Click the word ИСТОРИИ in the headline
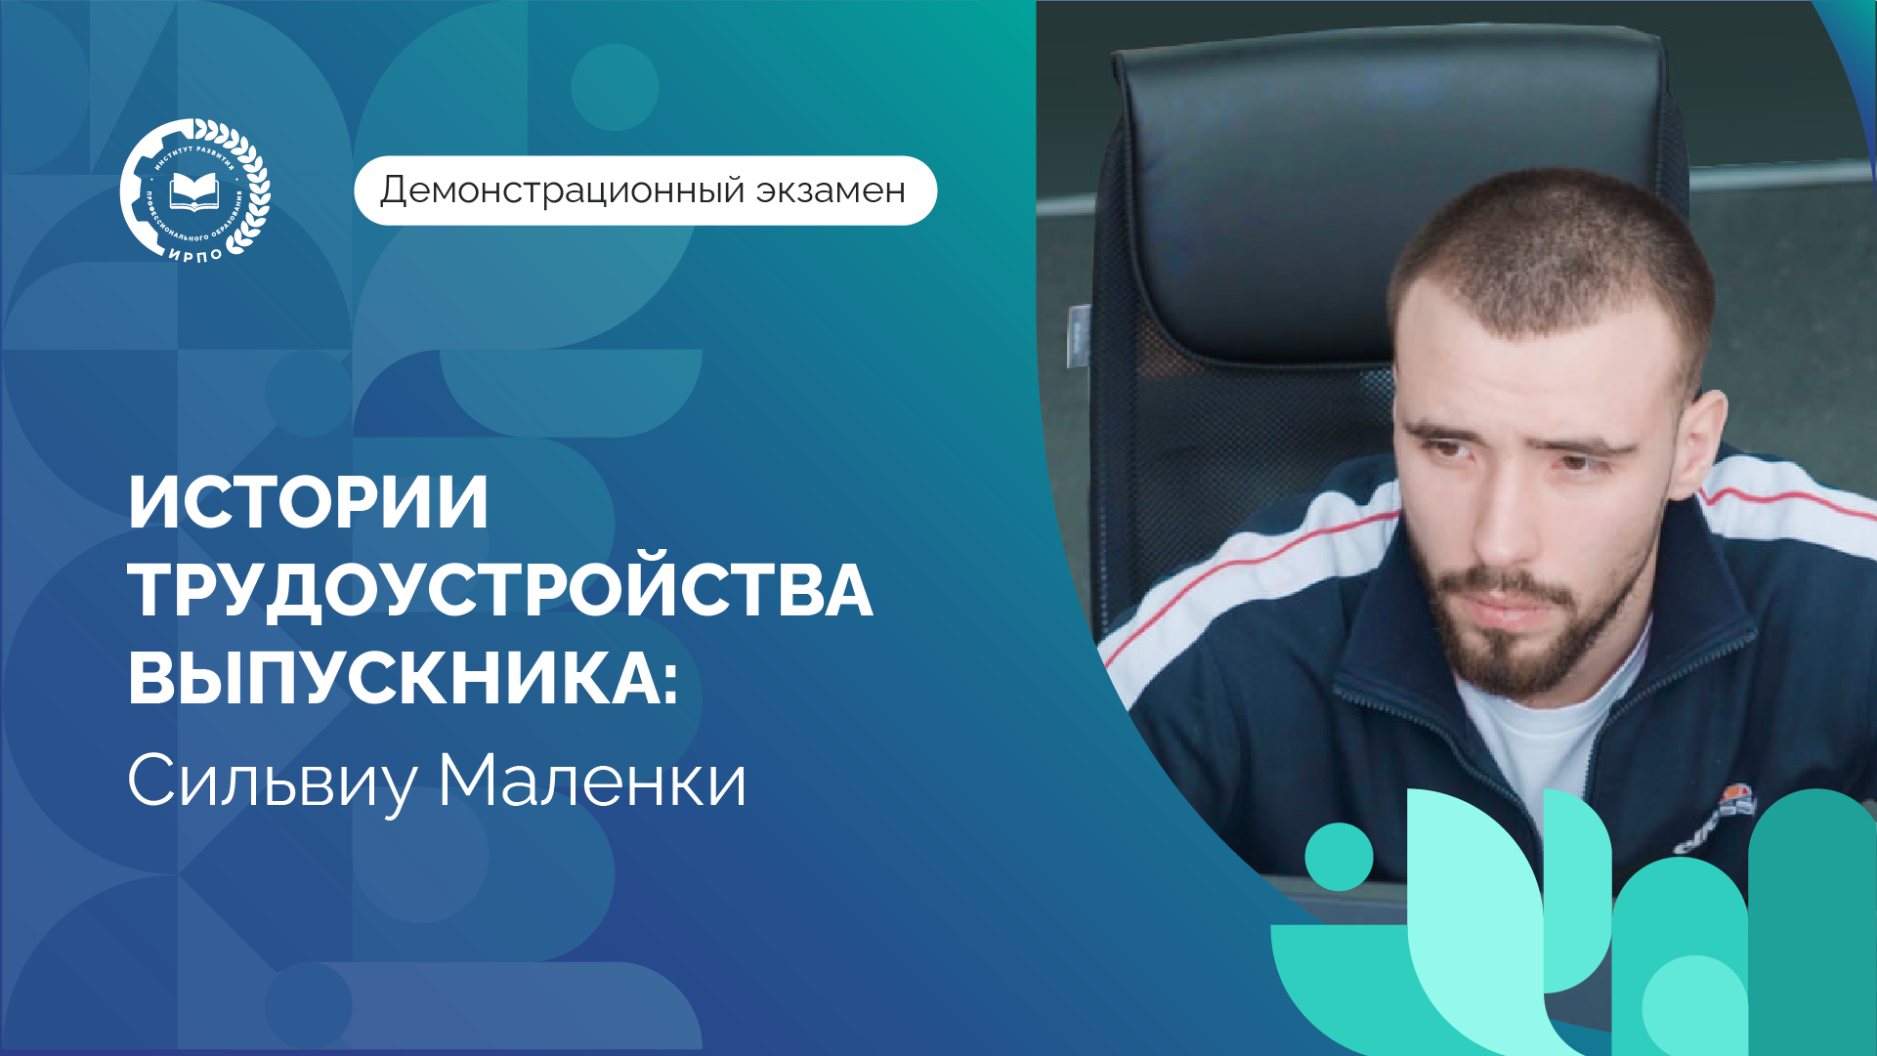(x=308, y=503)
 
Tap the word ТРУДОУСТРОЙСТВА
(x=499, y=591)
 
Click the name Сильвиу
(x=273, y=782)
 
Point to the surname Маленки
(x=591, y=781)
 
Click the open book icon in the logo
(x=193, y=191)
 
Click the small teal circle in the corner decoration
(x=1339, y=857)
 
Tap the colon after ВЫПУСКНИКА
(x=668, y=681)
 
